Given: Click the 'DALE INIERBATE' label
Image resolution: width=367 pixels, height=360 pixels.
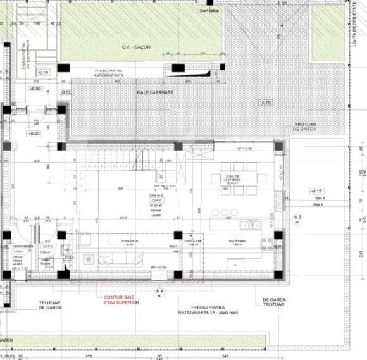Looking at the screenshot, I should pos(155,92).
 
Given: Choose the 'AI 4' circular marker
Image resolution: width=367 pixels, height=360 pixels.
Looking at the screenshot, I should pos(159,292).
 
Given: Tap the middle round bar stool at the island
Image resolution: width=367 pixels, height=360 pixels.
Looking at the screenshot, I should pos(225,213).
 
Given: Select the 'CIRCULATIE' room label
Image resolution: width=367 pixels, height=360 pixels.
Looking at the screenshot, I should pos(193,242).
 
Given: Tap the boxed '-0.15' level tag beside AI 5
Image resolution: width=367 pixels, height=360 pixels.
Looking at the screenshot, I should pos(316,191).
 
